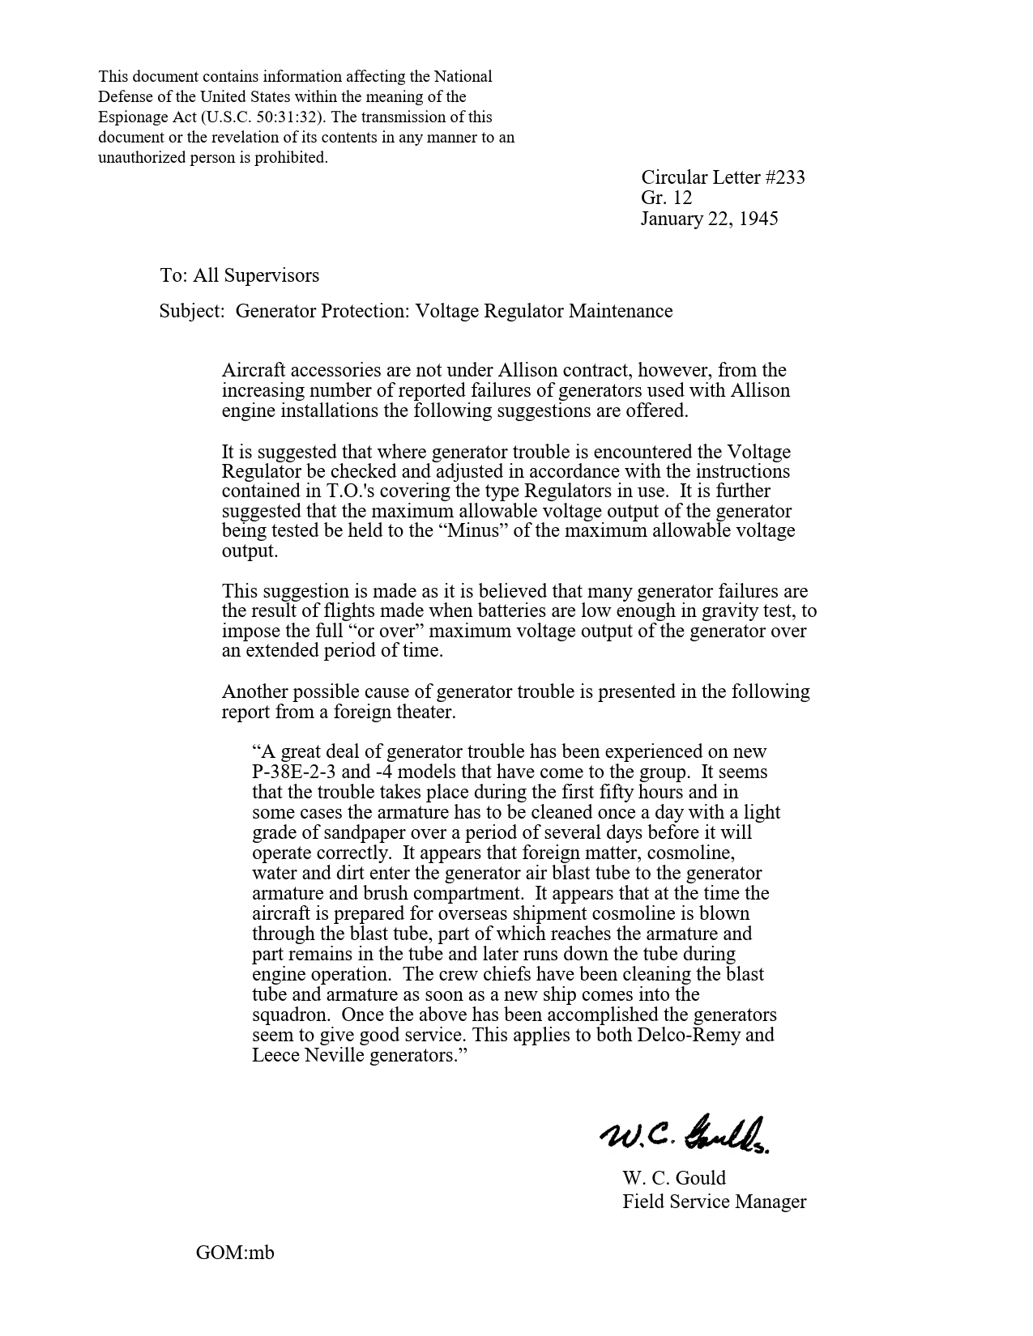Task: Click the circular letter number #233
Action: click(x=784, y=177)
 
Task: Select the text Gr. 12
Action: click(x=666, y=198)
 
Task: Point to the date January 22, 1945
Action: click(x=709, y=219)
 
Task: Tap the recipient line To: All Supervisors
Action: click(x=239, y=275)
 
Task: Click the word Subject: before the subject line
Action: click(x=191, y=311)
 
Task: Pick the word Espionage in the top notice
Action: click(x=130, y=117)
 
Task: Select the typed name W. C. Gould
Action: click(x=673, y=1178)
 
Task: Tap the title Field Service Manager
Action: click(x=714, y=1202)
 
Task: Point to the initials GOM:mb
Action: click(x=235, y=1253)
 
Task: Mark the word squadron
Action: click(x=289, y=1015)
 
